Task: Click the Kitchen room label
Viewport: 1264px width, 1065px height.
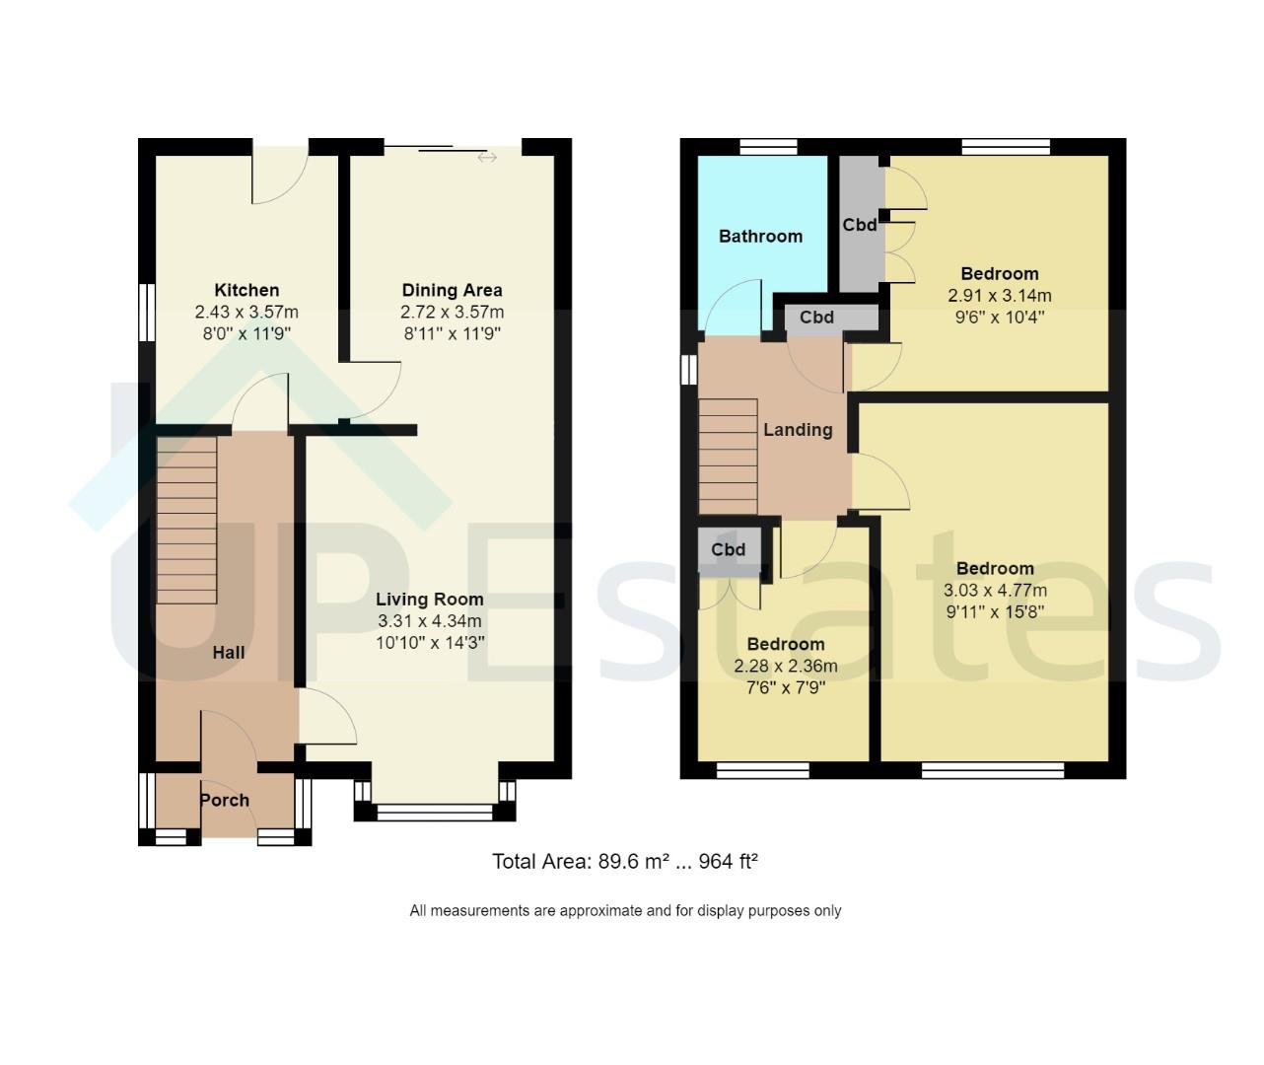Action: (x=246, y=290)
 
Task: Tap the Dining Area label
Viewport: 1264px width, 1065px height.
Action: (x=452, y=290)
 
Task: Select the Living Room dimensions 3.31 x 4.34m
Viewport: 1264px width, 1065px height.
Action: (x=430, y=621)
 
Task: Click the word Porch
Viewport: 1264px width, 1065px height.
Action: (x=225, y=800)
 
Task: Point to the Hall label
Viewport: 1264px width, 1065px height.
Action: (x=229, y=652)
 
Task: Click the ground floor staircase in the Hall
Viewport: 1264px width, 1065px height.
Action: (x=186, y=520)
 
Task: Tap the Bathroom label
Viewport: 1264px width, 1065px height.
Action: (x=760, y=236)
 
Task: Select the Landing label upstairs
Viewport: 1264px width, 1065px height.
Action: (x=798, y=429)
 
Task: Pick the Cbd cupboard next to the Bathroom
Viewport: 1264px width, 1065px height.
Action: (x=860, y=225)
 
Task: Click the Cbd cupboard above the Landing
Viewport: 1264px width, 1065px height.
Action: (x=817, y=318)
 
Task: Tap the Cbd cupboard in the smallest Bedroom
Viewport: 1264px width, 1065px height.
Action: (x=729, y=549)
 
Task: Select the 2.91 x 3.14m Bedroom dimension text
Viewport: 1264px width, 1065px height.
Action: (x=999, y=296)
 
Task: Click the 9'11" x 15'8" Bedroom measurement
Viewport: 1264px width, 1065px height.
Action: (x=995, y=611)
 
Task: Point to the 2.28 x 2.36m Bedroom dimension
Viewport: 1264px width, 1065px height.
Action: (x=785, y=666)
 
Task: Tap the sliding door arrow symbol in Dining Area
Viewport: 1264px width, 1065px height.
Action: (x=487, y=157)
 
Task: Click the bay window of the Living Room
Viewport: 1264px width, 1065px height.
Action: (x=435, y=812)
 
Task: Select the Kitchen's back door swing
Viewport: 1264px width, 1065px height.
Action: (x=279, y=177)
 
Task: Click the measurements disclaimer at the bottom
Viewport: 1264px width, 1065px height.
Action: (x=625, y=910)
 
